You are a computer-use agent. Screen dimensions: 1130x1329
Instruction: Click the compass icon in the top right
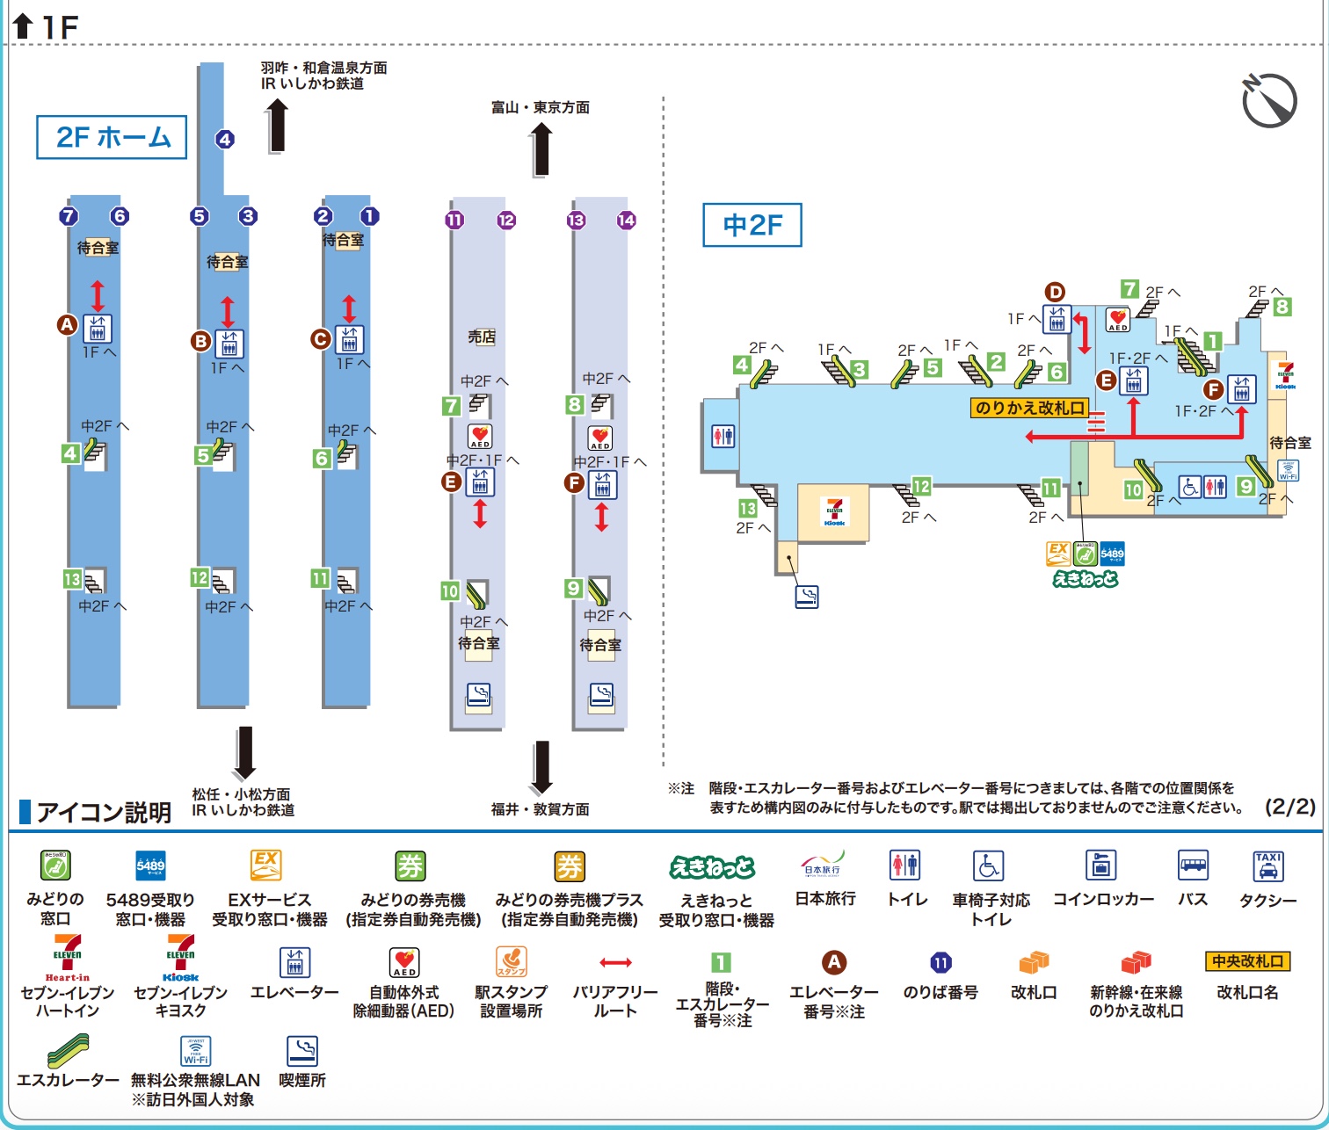pyautogui.click(x=1269, y=100)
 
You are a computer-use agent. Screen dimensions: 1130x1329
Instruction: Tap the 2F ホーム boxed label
pyautogui.click(x=112, y=137)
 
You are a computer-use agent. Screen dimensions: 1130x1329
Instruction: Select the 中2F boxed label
pyautogui.click(x=752, y=225)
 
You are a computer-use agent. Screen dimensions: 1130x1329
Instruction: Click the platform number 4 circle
pyautogui.click(x=225, y=139)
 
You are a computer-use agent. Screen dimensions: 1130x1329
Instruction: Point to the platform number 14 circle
pyautogui.click(x=626, y=221)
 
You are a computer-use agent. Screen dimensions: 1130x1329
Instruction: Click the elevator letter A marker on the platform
pyautogui.click(x=67, y=325)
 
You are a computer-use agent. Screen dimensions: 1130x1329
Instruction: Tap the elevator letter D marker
pyautogui.click(x=1054, y=293)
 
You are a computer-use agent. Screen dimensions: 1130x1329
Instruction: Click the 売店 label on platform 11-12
pyautogui.click(x=481, y=337)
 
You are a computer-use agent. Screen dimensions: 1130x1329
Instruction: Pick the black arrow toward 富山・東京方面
pyautogui.click(x=541, y=148)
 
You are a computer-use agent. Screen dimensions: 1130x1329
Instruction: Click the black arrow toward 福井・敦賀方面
pyautogui.click(x=541, y=767)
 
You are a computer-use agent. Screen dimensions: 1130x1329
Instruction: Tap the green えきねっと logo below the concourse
pyautogui.click(x=1085, y=579)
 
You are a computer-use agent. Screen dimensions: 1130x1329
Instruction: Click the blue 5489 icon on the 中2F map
pyautogui.click(x=1112, y=554)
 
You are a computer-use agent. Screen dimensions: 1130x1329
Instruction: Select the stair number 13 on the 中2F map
pyautogui.click(x=747, y=508)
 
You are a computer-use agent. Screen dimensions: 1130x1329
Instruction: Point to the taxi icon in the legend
pyautogui.click(x=1267, y=866)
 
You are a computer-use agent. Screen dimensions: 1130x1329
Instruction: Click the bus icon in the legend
pyautogui.click(x=1192, y=866)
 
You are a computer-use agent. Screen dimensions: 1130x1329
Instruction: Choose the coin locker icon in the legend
pyautogui.click(x=1100, y=866)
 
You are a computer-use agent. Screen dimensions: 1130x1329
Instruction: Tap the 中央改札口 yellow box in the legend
pyautogui.click(x=1247, y=961)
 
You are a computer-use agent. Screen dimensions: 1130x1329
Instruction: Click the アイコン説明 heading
pyautogui.click(x=104, y=812)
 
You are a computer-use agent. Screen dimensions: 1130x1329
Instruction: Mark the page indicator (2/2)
pyautogui.click(x=1289, y=807)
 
